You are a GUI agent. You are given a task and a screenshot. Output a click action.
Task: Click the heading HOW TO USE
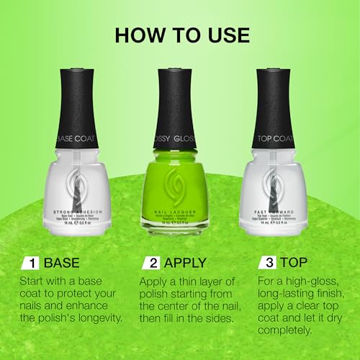tap(179, 35)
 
